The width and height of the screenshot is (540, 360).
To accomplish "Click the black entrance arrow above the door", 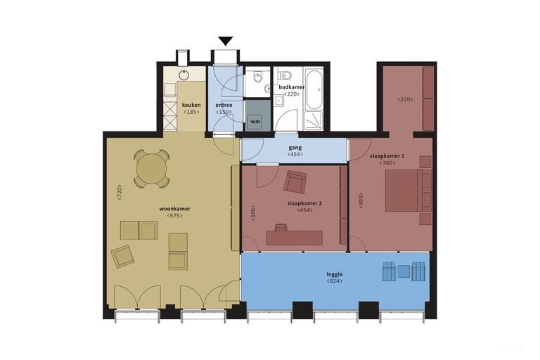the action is [226, 41].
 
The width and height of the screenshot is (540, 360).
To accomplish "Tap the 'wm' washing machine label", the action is [255, 122].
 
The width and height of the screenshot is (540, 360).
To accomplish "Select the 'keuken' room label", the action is [191, 105].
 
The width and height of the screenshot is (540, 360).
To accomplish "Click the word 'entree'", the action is [224, 105].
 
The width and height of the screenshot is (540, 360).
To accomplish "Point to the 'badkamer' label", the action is [292, 87].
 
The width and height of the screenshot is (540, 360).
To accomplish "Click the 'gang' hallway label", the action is [295, 148].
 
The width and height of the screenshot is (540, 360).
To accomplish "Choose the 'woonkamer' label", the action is [174, 209].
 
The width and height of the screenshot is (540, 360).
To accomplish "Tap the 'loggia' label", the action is [335, 274].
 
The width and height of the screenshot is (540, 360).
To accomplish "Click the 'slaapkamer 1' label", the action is [387, 156].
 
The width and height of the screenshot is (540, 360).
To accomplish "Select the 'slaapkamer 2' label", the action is [304, 203].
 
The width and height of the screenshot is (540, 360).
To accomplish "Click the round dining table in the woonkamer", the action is [152, 169].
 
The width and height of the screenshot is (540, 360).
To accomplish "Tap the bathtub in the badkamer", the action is [314, 89].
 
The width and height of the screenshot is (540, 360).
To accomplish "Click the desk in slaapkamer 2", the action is [295, 238].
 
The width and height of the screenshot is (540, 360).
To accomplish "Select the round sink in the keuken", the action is [184, 75].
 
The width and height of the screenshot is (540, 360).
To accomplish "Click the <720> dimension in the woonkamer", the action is [120, 193].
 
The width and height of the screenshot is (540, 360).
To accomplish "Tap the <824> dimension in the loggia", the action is [335, 281].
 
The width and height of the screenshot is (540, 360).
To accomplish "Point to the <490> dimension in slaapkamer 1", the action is [361, 200].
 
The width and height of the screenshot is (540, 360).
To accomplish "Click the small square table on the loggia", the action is [404, 271].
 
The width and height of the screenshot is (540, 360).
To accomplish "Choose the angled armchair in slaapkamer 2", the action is [295, 181].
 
